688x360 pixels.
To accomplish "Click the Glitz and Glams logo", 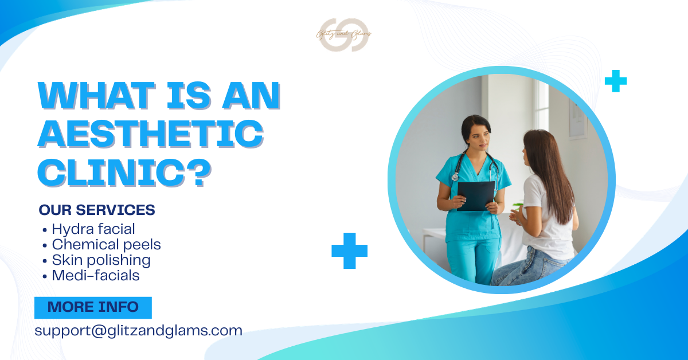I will pos(344,34).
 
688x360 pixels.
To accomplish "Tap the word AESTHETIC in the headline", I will pos(150,134).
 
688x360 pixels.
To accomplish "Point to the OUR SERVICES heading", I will pos(97,210).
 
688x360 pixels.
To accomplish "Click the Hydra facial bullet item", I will pos(93,229).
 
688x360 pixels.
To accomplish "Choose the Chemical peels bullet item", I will pos(105,245).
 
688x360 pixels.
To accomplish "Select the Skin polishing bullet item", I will pos(100,260).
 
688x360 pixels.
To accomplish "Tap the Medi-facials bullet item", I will pos(95,276).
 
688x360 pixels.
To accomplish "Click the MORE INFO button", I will pos(93,307).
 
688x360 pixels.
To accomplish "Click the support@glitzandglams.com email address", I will pos(138,331).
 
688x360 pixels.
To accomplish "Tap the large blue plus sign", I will pos(349,251).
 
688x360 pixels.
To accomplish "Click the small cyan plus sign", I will pos(616,81).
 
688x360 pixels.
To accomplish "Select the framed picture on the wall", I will pos(578,118).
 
